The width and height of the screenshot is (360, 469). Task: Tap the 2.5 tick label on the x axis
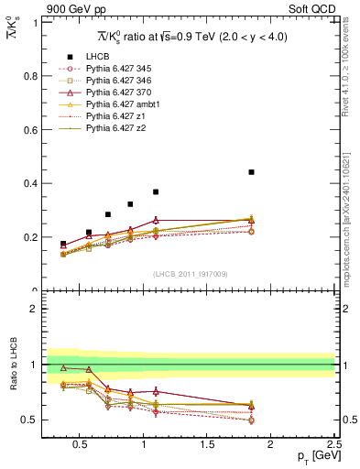click(x=334, y=446)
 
